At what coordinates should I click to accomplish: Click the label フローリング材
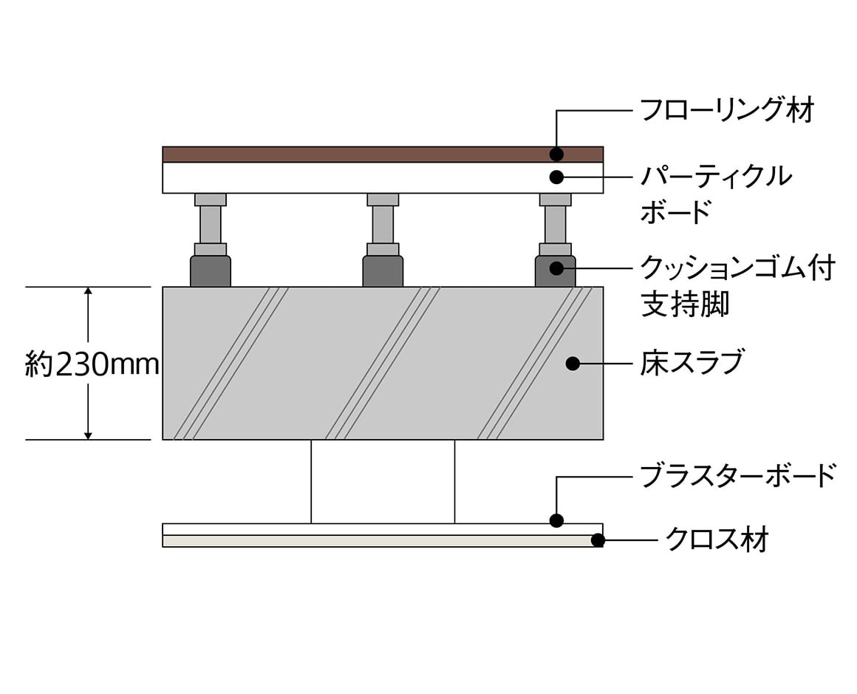point(727,110)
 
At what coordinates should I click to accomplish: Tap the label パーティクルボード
point(716,194)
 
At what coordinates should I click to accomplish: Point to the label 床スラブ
point(692,363)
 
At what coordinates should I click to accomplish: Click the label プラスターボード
point(738,476)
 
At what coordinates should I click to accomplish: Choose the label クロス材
point(717,540)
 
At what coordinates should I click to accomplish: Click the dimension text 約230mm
point(92,364)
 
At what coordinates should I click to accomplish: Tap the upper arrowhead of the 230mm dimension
point(87,292)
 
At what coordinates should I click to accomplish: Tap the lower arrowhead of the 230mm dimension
point(87,434)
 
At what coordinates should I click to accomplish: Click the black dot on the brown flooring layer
point(556,154)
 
